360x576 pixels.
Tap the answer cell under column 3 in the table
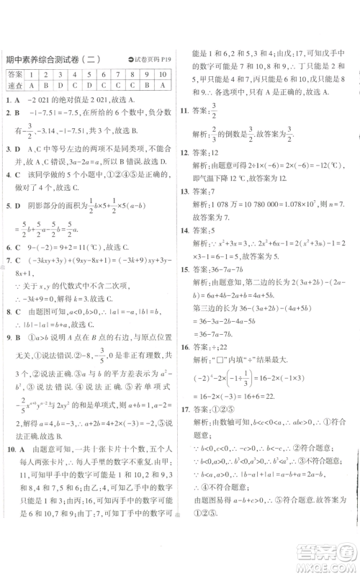[61, 85]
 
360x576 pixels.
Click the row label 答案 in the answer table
[14, 74]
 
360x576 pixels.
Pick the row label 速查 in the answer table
[14, 85]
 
